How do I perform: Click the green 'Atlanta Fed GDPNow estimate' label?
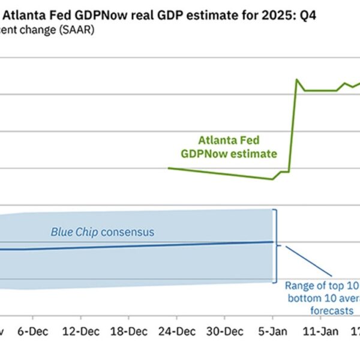[229, 147]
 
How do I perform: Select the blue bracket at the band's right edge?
[275, 245]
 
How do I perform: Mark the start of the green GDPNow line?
[169, 168]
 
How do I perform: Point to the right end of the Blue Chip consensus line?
[274, 242]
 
